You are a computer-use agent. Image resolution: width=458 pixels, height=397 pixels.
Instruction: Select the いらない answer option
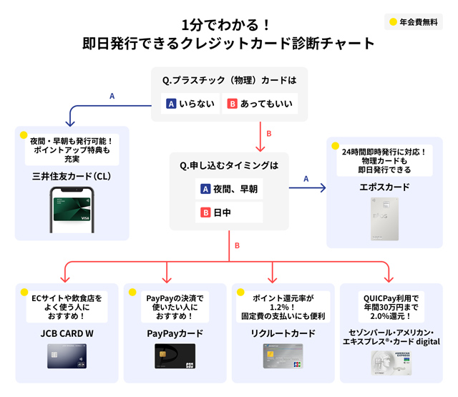coord(190,104)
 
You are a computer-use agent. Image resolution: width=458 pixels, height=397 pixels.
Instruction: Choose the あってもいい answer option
coord(259,104)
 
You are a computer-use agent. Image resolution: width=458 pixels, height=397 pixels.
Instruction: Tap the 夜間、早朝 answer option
coord(228,190)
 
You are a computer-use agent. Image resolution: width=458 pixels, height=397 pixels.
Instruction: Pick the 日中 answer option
coord(228,212)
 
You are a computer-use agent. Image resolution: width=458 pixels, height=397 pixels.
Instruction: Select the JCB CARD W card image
coord(66,356)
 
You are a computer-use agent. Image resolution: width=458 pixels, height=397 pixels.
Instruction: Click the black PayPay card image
coord(175,356)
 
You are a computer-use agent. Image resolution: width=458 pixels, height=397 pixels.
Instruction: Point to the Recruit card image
coord(283,356)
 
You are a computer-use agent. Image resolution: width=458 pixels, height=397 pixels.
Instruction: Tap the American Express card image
coord(391,362)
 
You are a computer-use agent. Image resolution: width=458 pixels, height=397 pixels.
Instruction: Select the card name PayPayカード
coord(174,333)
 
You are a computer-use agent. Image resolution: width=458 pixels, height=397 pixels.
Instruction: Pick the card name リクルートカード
coord(283,333)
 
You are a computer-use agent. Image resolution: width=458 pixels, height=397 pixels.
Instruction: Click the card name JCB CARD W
coord(66,333)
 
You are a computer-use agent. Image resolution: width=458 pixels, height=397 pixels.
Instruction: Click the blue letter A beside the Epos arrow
coord(306,179)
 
